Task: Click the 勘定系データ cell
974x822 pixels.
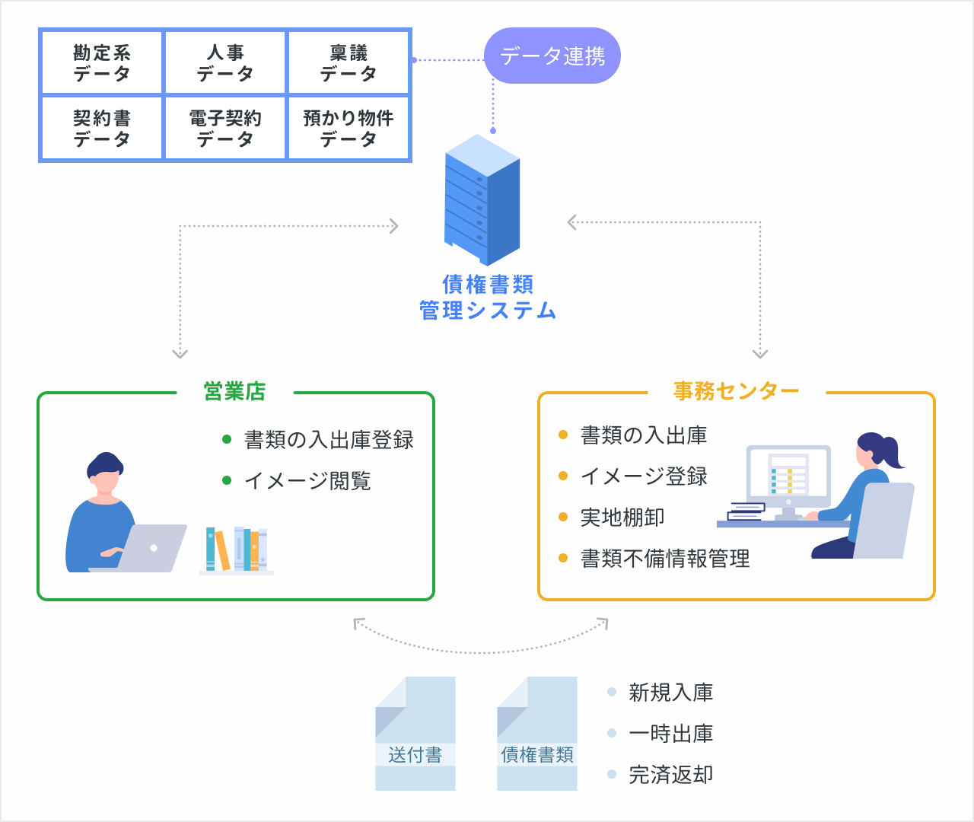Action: click(102, 63)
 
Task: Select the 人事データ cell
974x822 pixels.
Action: click(225, 63)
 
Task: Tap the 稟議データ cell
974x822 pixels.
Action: click(349, 63)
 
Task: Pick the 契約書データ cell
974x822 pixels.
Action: click(102, 128)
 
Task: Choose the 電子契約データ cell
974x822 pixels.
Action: click(225, 128)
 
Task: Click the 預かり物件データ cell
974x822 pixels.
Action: click(349, 128)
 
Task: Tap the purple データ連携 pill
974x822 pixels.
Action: click(552, 56)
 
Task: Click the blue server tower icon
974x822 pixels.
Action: click(482, 199)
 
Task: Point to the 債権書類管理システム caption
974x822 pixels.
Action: click(488, 298)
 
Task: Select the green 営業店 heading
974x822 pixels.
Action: click(234, 391)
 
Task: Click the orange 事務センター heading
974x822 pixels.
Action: click(736, 391)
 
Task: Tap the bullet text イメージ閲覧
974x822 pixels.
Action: click(307, 481)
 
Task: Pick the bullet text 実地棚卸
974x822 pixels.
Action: click(622, 518)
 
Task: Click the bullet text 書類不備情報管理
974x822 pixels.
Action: click(665, 559)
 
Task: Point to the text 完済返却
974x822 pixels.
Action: click(670, 775)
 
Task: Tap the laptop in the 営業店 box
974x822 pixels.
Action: click(148, 549)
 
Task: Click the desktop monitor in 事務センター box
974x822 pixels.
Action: click(788, 476)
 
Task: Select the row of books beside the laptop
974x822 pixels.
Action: click(237, 550)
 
